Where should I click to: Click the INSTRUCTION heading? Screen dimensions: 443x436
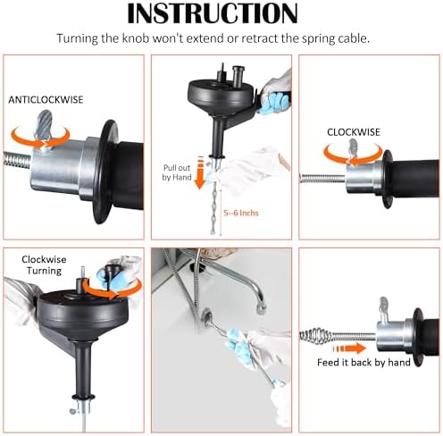coord(213,13)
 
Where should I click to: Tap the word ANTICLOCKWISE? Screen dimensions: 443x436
coord(46,100)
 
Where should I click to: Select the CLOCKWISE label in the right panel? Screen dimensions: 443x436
coord(354,132)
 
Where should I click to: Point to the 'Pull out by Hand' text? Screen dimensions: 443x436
coord(177,172)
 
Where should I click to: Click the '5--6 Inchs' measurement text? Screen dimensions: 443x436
coord(241,213)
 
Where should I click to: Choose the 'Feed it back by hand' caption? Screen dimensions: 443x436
coord(364,363)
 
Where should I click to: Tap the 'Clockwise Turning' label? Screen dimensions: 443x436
coord(44,265)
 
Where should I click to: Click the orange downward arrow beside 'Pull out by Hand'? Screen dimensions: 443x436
coord(200,172)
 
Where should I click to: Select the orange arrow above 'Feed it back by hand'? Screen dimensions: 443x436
coord(349,348)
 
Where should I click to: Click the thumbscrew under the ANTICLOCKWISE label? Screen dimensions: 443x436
coord(43,125)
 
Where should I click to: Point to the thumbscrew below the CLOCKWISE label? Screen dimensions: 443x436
coord(353,149)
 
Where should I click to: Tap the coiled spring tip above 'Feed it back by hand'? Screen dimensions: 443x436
coord(315,336)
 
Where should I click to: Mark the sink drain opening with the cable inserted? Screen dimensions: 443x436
coord(207,315)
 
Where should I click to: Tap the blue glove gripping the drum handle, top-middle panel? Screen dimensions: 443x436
coord(274,103)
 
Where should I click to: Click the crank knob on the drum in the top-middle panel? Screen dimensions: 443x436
coord(238,77)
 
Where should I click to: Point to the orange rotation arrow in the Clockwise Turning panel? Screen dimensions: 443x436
coord(112,289)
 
